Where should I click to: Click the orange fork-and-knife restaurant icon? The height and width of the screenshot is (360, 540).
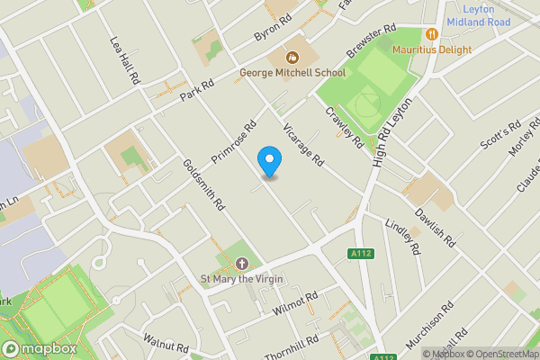click(432, 34)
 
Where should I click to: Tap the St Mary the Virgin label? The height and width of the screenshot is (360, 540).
click(241, 279)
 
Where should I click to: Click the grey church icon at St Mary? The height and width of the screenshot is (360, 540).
click(241, 264)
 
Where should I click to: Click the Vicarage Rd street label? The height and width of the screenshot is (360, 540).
click(303, 145)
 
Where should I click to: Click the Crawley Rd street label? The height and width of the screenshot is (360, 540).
click(345, 129)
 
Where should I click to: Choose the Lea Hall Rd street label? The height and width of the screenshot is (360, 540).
click(125, 61)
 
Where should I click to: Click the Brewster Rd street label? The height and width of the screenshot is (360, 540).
click(371, 41)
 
